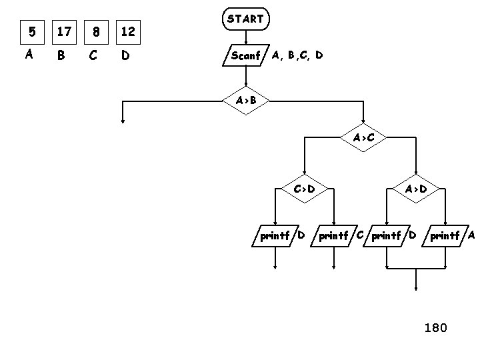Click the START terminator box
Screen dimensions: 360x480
[245, 19]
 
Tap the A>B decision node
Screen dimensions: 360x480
[245, 101]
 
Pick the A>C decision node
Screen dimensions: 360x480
[363, 138]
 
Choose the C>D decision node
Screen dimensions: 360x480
[304, 189]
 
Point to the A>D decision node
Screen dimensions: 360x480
[415, 189]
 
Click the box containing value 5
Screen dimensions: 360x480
[29, 31]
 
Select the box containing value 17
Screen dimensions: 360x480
[64, 31]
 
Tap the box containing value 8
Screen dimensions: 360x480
[97, 31]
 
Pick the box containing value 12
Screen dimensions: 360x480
[128, 31]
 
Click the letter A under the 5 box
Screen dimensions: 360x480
[29, 55]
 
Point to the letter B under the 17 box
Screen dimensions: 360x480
[61, 55]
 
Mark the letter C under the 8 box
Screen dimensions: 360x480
[93, 55]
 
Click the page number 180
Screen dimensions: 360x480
[435, 327]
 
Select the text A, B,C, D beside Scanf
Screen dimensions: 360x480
[297, 55]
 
